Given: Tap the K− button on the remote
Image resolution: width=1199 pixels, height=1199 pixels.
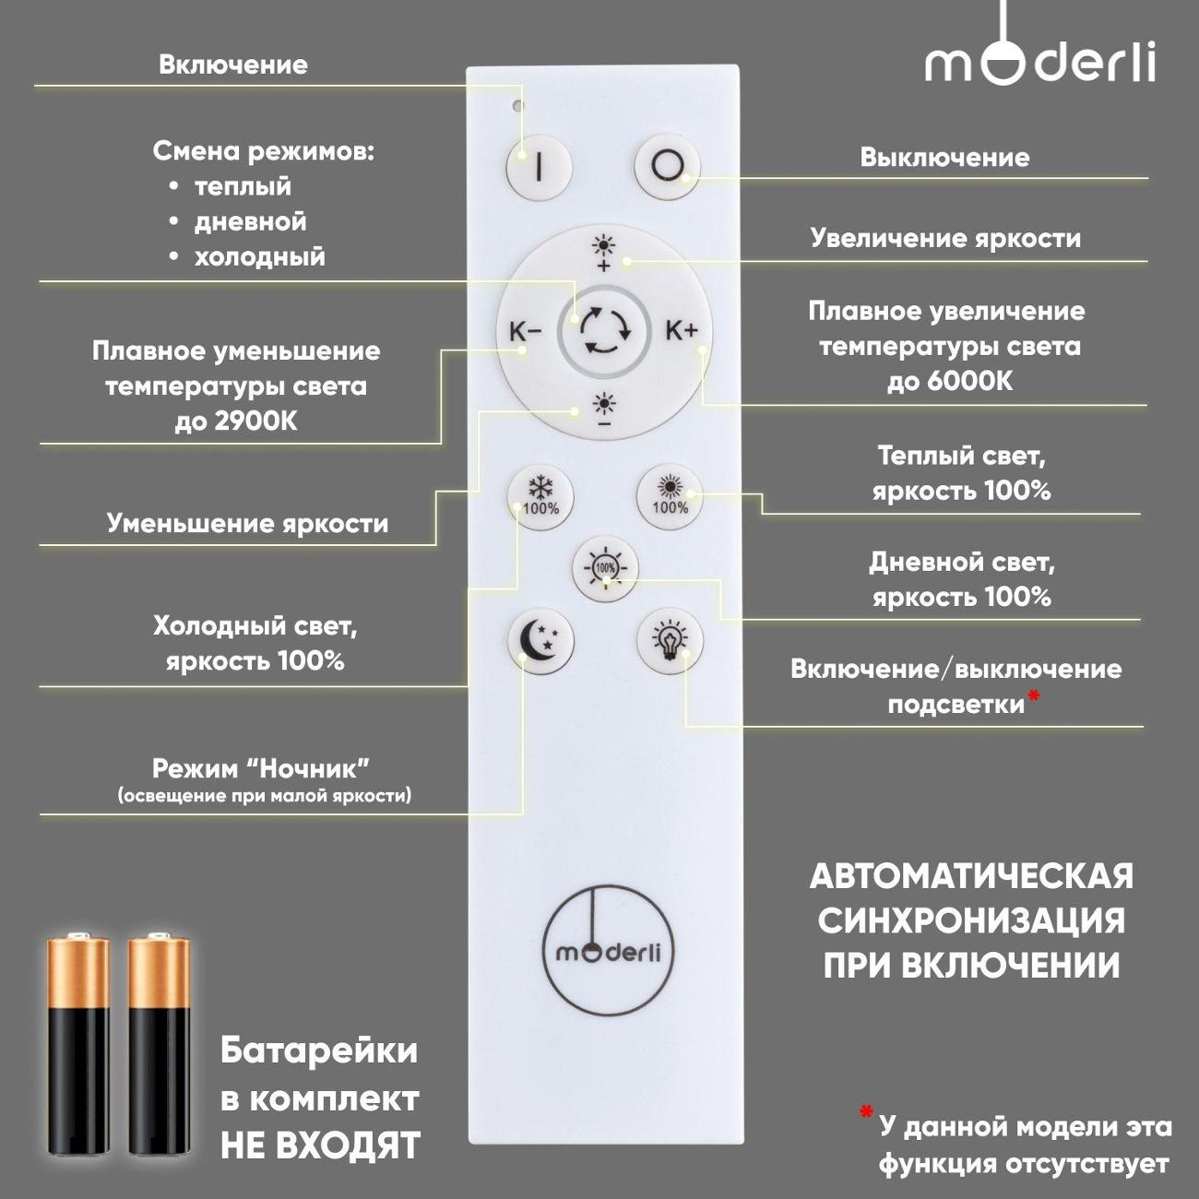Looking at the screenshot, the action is [x=526, y=332].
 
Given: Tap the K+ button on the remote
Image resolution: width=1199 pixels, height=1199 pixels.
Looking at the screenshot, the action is [x=682, y=330].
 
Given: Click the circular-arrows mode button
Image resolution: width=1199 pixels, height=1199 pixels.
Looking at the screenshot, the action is [x=604, y=331].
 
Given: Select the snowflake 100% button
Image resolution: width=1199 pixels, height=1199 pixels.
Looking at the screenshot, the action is [x=540, y=498].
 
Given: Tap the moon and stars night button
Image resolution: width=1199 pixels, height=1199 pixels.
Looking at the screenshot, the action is [x=540, y=642].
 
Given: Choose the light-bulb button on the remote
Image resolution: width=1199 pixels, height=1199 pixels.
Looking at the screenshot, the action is [x=671, y=642].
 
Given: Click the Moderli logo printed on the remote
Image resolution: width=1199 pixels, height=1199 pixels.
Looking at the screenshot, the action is [x=608, y=953].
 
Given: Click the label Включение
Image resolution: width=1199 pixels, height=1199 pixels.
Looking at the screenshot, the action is [x=233, y=65].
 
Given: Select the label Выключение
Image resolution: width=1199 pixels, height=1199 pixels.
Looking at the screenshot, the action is [x=944, y=158].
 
